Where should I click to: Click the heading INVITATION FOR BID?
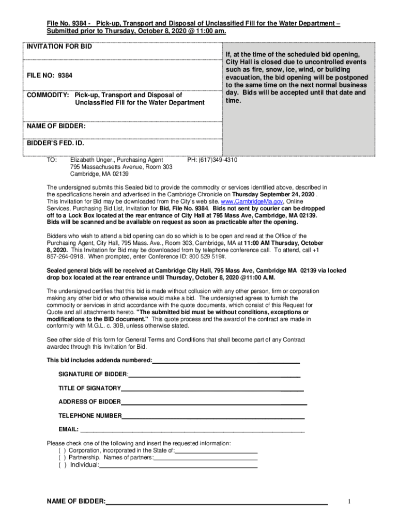(59, 47)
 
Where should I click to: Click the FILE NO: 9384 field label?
(50, 76)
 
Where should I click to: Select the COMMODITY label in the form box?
(48, 95)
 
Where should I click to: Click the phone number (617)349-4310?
(212, 160)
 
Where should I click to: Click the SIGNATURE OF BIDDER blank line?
(215, 374)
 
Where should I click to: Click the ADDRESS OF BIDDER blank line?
(213, 402)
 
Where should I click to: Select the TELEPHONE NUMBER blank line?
(213, 416)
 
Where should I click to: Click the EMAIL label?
(68, 429)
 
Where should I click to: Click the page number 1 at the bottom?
(349, 501)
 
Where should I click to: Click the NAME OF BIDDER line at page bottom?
(217, 502)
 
